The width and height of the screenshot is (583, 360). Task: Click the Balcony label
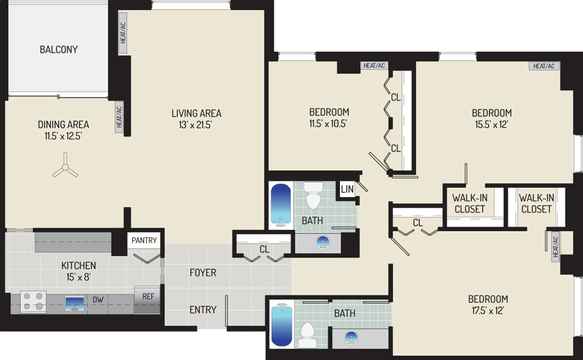coord(59,49)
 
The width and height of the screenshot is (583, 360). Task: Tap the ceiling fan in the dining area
coord(66,167)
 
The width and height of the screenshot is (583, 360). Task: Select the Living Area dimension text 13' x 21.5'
coord(195,125)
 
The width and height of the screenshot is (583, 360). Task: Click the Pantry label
coord(144,240)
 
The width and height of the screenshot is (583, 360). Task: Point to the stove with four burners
coord(33,301)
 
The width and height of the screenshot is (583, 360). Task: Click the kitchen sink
coord(75,303)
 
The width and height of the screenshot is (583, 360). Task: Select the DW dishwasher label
coord(98,300)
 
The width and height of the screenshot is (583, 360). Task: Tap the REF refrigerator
coord(147,299)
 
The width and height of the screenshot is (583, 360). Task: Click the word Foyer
coord(203,273)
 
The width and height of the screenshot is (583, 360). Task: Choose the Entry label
coord(203,310)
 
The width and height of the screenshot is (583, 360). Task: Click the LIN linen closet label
coord(347,189)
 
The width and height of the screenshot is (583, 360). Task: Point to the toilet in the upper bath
coord(313,196)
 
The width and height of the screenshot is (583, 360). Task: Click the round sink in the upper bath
coord(323,243)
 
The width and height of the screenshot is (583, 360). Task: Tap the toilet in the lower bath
coord(307,335)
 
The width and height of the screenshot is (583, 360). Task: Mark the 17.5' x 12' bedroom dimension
coord(488,311)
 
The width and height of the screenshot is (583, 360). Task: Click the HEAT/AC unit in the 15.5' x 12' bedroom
coord(544,66)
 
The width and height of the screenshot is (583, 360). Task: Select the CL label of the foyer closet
coord(265,249)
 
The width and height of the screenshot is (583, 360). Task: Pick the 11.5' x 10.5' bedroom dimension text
coord(328,124)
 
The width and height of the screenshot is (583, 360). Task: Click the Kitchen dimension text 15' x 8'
coord(79,277)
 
